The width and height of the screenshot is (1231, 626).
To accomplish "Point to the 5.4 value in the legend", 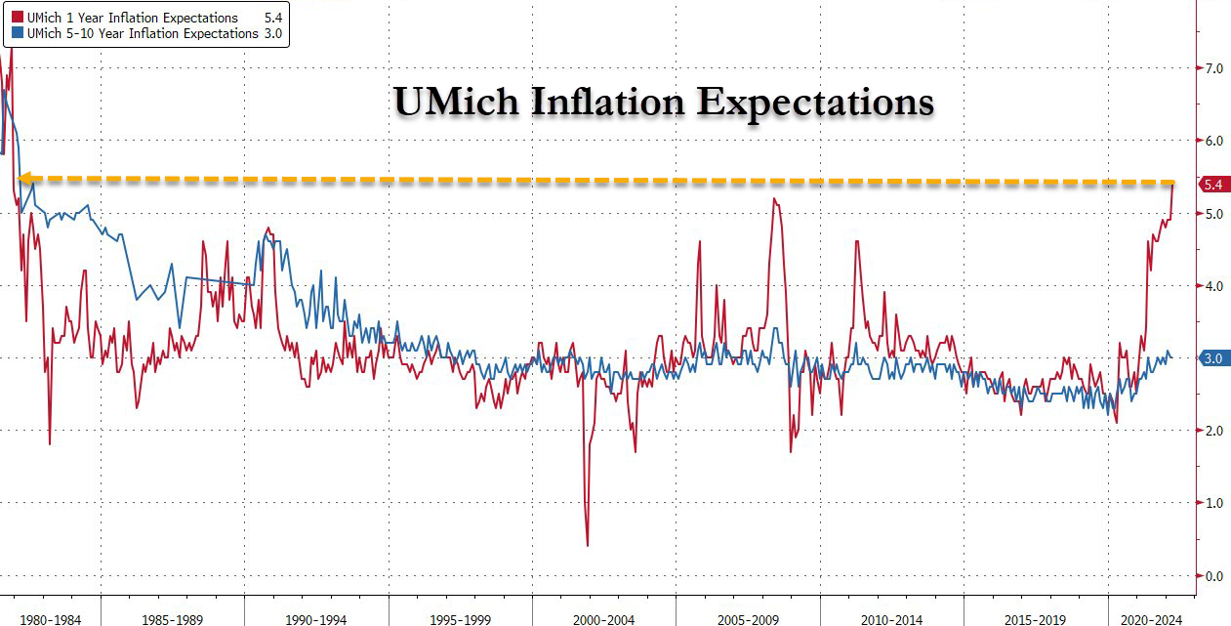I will (x=273, y=18).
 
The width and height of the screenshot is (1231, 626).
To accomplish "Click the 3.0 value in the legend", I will (x=273, y=33).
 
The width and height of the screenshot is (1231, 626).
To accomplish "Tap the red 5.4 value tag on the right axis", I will (x=1213, y=185).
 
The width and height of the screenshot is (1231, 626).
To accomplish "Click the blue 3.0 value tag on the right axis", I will (x=1213, y=358).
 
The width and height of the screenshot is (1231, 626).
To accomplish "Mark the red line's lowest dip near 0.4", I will (x=587, y=545).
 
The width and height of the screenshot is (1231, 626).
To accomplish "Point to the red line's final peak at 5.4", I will (x=1172, y=184).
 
